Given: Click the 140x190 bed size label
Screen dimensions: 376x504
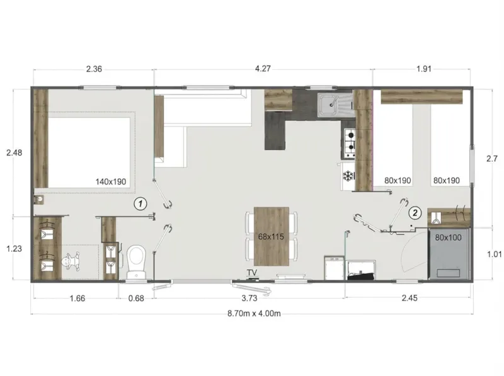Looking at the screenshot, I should [x=111, y=181].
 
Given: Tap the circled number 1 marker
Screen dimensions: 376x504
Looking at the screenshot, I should [x=140, y=203].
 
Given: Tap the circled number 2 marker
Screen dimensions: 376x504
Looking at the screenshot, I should [x=415, y=212].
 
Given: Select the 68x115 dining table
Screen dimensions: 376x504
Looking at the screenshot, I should [x=272, y=236].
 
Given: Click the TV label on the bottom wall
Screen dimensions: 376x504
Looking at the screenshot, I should [x=253, y=273].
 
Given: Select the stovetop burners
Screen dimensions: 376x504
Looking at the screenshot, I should [x=349, y=143].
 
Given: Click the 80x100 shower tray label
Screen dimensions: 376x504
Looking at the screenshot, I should [x=449, y=237].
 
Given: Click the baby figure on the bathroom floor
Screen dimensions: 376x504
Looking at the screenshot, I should [x=71, y=259].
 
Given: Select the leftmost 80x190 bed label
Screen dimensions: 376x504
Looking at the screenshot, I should [x=398, y=181].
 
